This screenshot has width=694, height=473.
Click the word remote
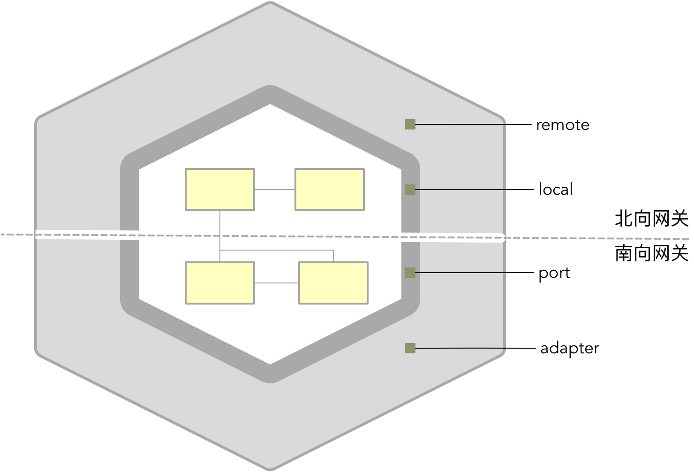pos(562,125)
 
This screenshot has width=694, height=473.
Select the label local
pos(556,190)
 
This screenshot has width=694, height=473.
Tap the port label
pos(554,273)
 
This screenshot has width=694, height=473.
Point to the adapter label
pos(569,349)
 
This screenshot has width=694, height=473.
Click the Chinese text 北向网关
pos(651,219)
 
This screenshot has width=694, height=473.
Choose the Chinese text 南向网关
pos(651,253)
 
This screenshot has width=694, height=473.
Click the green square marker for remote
pos(410,124)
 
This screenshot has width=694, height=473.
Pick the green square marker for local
pos(410,190)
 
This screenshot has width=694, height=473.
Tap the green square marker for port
pos(410,273)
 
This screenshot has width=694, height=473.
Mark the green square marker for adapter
pos(410,348)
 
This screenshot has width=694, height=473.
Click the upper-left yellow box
pos(220,190)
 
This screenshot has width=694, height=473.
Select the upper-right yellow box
pos(329,190)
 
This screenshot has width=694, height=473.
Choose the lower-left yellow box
pos(220,283)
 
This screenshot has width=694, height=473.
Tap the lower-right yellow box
pos(333,283)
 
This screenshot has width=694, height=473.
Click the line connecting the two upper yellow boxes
pos(274,190)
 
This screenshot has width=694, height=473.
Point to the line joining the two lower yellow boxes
pos(277,283)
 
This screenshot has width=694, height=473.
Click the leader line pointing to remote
pos(474,124)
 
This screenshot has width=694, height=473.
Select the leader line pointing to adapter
pos(474,348)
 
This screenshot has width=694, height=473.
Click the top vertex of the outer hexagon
pos(270,4)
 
